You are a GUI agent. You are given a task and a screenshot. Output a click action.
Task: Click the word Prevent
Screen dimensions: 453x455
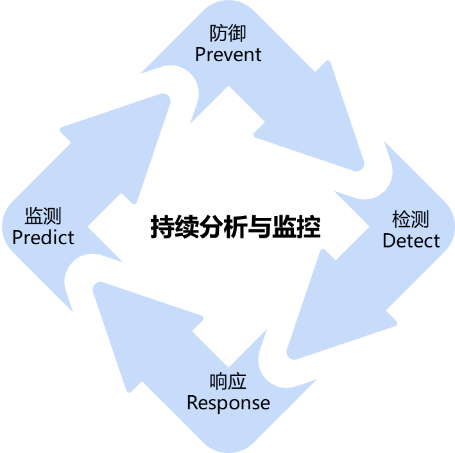[x=228, y=54]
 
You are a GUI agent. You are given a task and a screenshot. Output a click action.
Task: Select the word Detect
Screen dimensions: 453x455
[x=411, y=241]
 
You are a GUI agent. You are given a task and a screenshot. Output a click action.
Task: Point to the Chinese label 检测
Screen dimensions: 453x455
[x=410, y=220]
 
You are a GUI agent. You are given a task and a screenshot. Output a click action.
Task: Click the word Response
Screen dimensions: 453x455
[x=228, y=403]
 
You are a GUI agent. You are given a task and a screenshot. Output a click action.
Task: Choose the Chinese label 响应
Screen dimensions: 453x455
[x=228, y=382]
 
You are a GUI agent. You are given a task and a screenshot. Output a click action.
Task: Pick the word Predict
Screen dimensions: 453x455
[x=43, y=237]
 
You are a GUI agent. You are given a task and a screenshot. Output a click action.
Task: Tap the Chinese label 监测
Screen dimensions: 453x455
[x=43, y=216]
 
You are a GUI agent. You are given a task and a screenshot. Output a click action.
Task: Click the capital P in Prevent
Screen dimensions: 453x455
[x=200, y=54]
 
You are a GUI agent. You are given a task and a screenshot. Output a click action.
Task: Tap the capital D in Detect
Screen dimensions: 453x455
[x=388, y=241]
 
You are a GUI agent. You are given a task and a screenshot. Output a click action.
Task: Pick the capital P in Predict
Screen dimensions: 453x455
[x=17, y=237]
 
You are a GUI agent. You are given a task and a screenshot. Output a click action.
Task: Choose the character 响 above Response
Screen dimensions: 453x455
[x=219, y=382]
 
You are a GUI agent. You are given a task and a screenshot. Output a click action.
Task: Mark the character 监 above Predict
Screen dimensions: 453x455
[x=34, y=216]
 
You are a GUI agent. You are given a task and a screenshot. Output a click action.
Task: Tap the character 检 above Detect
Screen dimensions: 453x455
[x=401, y=220]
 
